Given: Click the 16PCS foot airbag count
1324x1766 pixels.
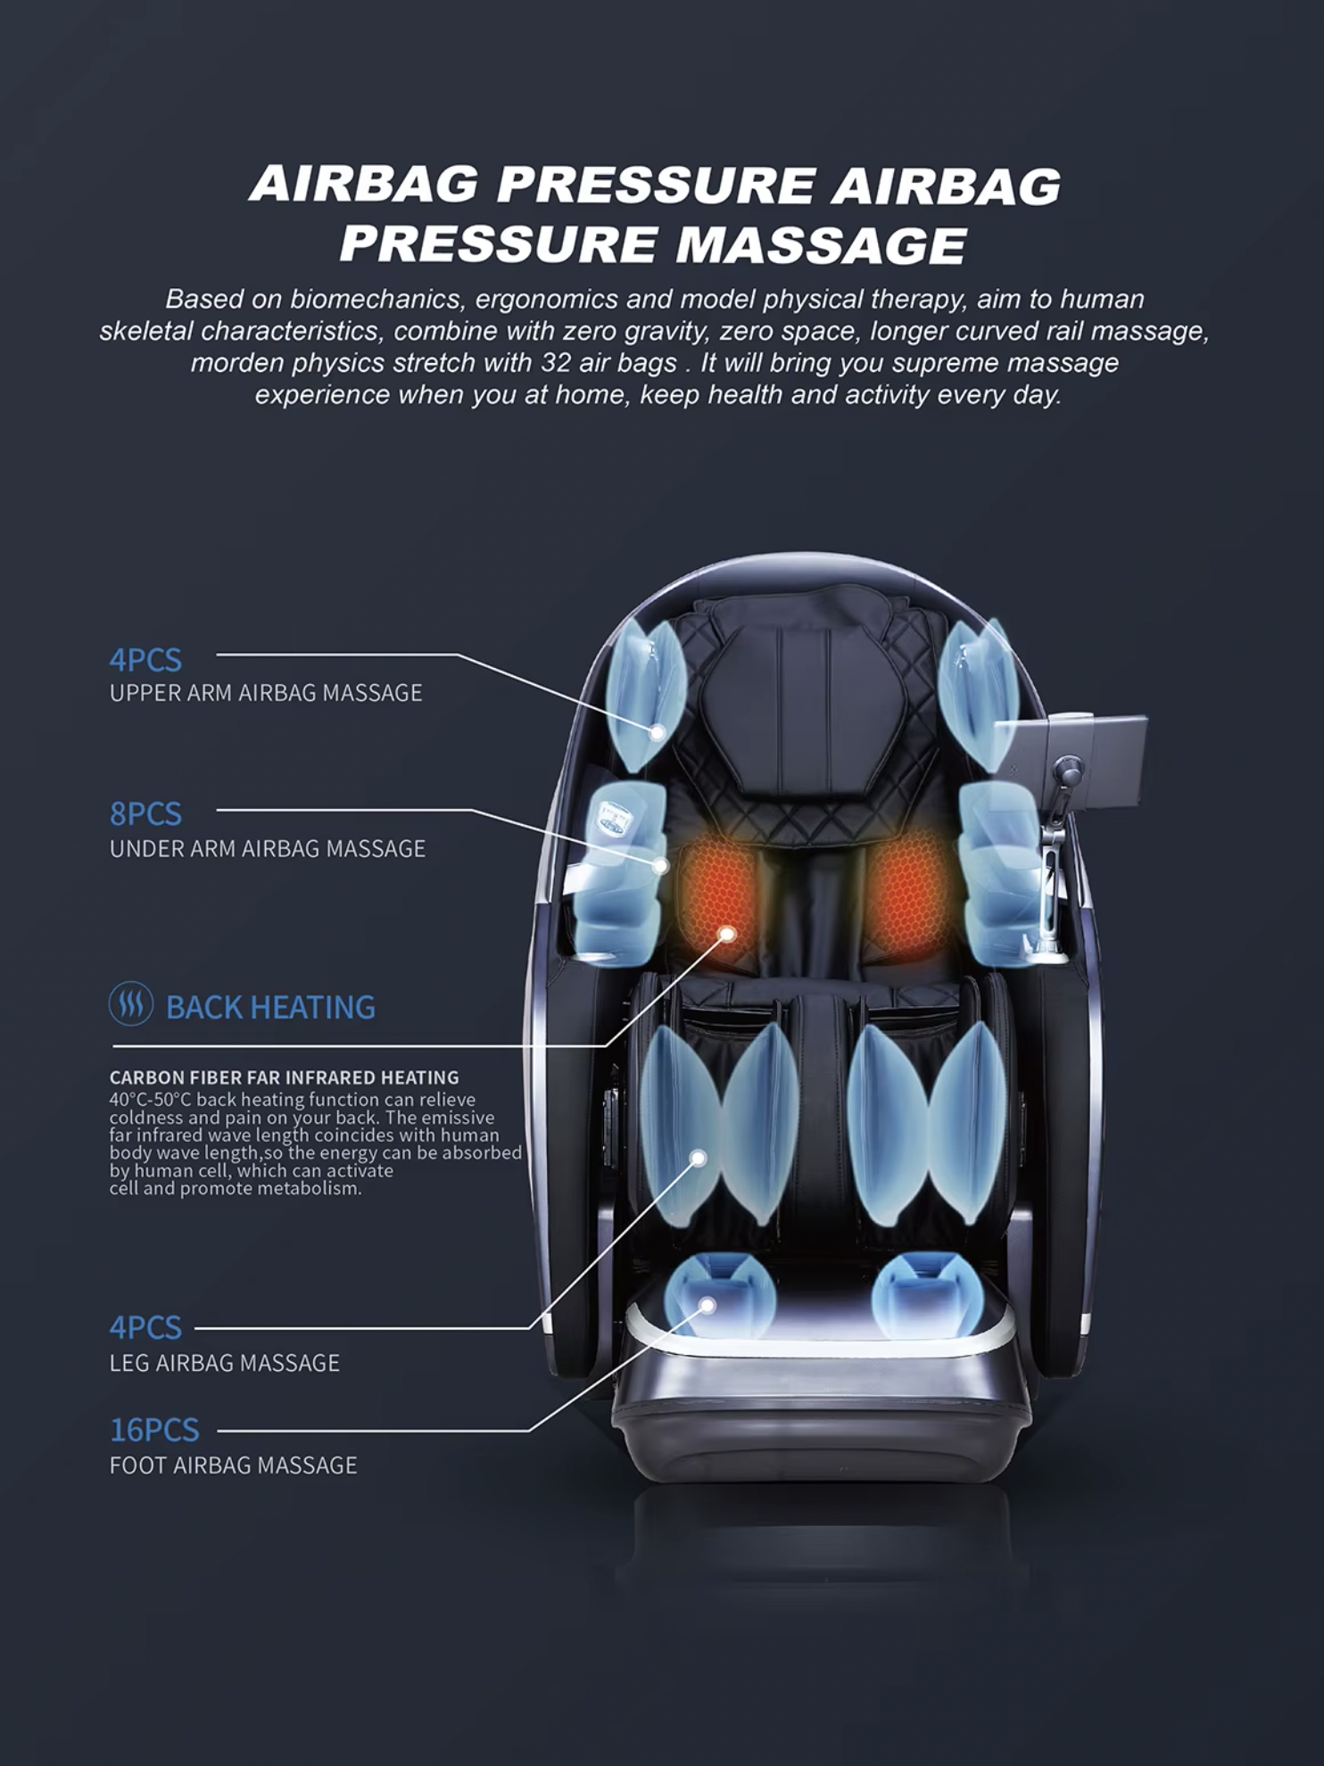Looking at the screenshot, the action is point(154,1430).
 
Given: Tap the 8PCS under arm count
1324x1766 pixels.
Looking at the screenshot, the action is point(145,813).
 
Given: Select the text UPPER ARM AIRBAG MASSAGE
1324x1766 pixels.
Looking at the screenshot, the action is point(266,693).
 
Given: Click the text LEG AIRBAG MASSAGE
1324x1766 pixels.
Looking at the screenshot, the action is point(225,1363).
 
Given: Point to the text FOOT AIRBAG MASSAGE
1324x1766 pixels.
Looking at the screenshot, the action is point(233,1465).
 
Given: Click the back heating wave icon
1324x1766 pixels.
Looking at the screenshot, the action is point(131,1003).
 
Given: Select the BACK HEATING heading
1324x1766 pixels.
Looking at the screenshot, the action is point(270,1007).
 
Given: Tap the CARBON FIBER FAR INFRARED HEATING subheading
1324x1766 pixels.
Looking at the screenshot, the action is point(285,1077).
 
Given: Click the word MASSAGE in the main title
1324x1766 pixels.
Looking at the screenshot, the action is point(821,245).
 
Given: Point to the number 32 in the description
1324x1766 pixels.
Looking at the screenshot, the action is point(556,363).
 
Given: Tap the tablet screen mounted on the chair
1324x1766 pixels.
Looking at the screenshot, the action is point(1071,760).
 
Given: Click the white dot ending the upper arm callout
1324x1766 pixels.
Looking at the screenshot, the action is point(658,732).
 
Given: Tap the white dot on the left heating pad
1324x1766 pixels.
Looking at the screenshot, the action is point(727,934).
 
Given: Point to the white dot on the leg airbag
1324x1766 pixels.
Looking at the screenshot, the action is point(699,1158).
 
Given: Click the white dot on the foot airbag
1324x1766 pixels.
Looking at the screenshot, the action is point(708,1306).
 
